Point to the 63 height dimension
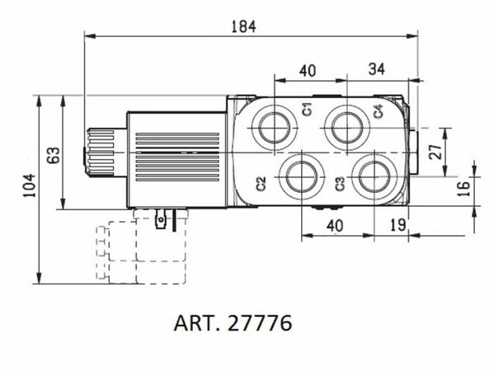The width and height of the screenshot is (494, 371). pos(52,153)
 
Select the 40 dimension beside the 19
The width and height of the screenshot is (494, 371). pos(334,225)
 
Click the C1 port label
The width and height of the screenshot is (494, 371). pos(305,110)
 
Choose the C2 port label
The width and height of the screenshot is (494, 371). pos(261,183)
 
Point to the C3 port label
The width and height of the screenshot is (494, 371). pos(340,183)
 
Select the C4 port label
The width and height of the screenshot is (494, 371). pos(378,110)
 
